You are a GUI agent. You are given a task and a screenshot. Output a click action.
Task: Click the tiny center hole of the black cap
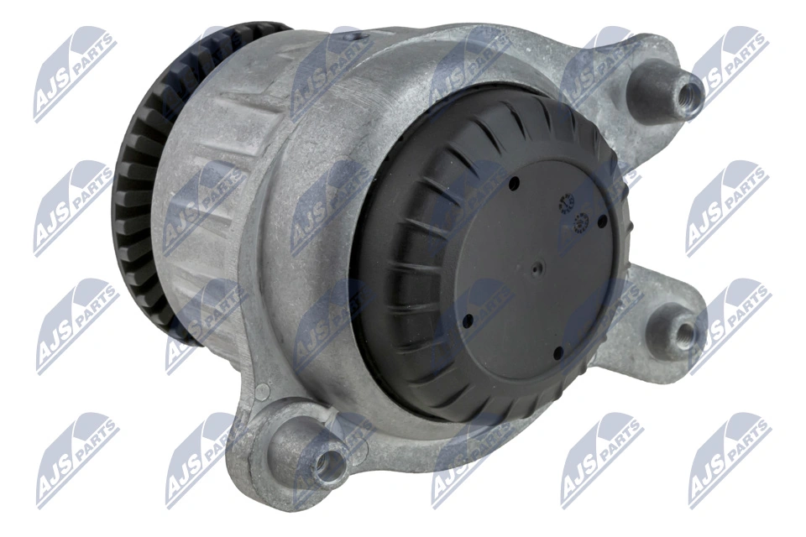pos(537,270)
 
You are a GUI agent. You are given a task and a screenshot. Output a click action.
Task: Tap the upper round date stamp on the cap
pos(564,202)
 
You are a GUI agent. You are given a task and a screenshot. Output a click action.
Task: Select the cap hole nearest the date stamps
pos(602,221)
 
